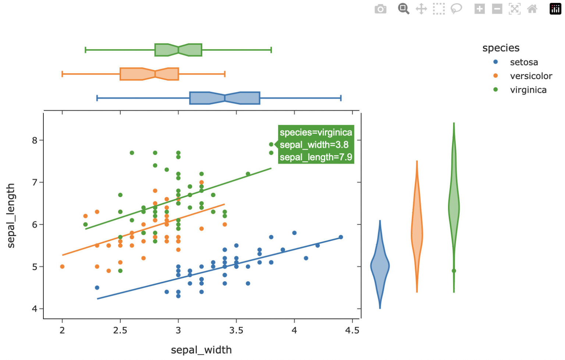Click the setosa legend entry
pyautogui.click(x=523, y=62)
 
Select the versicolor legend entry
pyautogui.click(x=530, y=76)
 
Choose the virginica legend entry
pyautogui.click(x=528, y=90)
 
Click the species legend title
pyautogui.click(x=501, y=48)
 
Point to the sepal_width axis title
pyautogui.click(x=201, y=350)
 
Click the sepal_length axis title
pyautogui.click(x=11, y=216)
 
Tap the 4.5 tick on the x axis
pyautogui.click(x=352, y=330)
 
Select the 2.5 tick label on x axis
pyautogui.click(x=120, y=330)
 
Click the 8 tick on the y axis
pyautogui.click(x=35, y=140)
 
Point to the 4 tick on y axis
pyautogui.click(x=35, y=309)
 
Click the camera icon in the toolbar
pyautogui.click(x=380, y=9)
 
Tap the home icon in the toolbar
pyautogui.click(x=532, y=9)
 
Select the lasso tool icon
pyautogui.click(x=456, y=9)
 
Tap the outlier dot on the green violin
pyautogui.click(x=454, y=271)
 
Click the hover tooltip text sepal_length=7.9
pyautogui.click(x=316, y=157)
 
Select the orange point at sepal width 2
pyautogui.click(x=62, y=267)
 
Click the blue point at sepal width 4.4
pyautogui.click(x=341, y=237)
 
